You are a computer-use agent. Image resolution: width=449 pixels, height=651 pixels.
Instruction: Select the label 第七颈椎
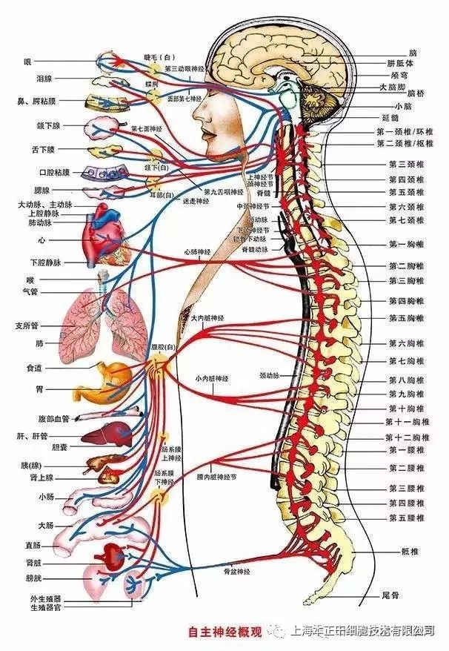pos(406,220)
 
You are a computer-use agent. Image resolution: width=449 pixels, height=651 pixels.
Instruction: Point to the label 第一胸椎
pos(406,244)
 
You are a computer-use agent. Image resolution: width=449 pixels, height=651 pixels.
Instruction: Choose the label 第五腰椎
pos(406,518)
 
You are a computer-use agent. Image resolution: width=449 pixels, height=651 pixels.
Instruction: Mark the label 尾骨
pos(391,595)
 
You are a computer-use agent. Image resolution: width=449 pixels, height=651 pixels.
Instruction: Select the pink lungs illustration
pos(104,319)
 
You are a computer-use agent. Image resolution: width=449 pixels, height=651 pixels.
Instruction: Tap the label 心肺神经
pos(198,252)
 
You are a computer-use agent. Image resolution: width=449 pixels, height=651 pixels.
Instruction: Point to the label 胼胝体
pos(401,64)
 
